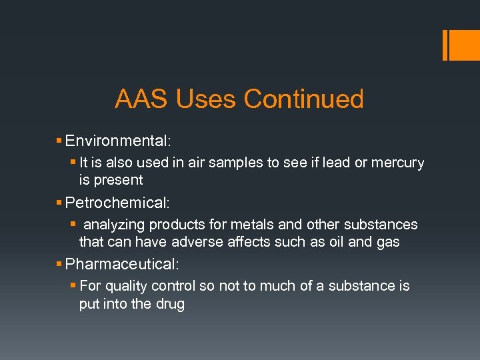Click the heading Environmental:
point(119,141)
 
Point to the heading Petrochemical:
point(119,203)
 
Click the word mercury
point(398,163)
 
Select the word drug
point(171,304)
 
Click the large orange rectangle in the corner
point(461,45)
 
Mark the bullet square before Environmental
point(60,141)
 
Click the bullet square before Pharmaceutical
point(60,265)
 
